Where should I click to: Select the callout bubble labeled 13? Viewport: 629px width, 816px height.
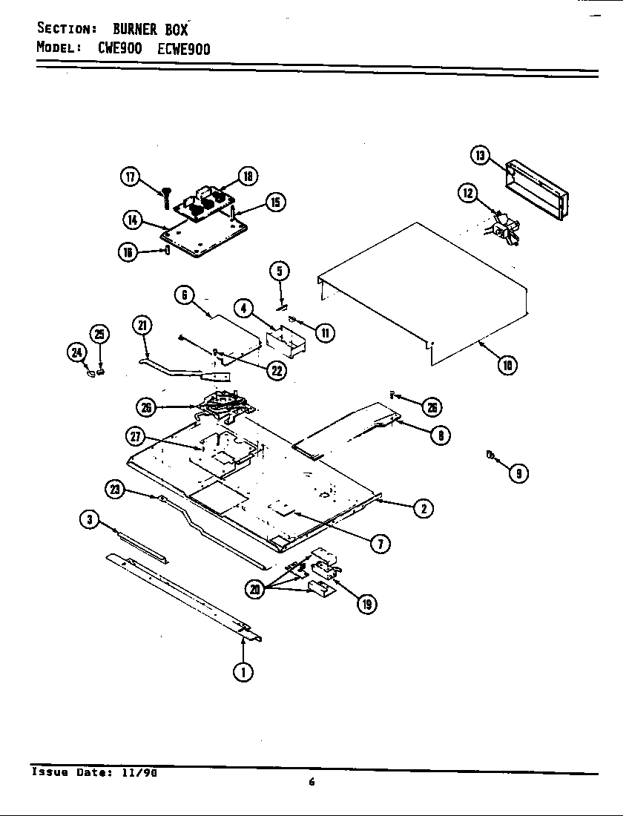tap(481, 155)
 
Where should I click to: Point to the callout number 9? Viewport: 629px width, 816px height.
tap(518, 473)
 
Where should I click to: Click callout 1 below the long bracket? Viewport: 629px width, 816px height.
tap(243, 671)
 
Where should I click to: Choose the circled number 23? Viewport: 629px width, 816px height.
tap(115, 488)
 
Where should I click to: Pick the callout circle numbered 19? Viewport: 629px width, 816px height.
tap(366, 605)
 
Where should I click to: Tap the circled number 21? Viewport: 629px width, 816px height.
tap(142, 325)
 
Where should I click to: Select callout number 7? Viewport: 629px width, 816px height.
tap(379, 544)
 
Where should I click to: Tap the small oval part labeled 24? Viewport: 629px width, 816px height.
tap(91, 374)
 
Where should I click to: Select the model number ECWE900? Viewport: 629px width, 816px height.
tap(184, 49)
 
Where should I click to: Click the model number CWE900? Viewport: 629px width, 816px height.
tap(119, 49)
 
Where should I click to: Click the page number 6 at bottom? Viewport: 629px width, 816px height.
tap(312, 781)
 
